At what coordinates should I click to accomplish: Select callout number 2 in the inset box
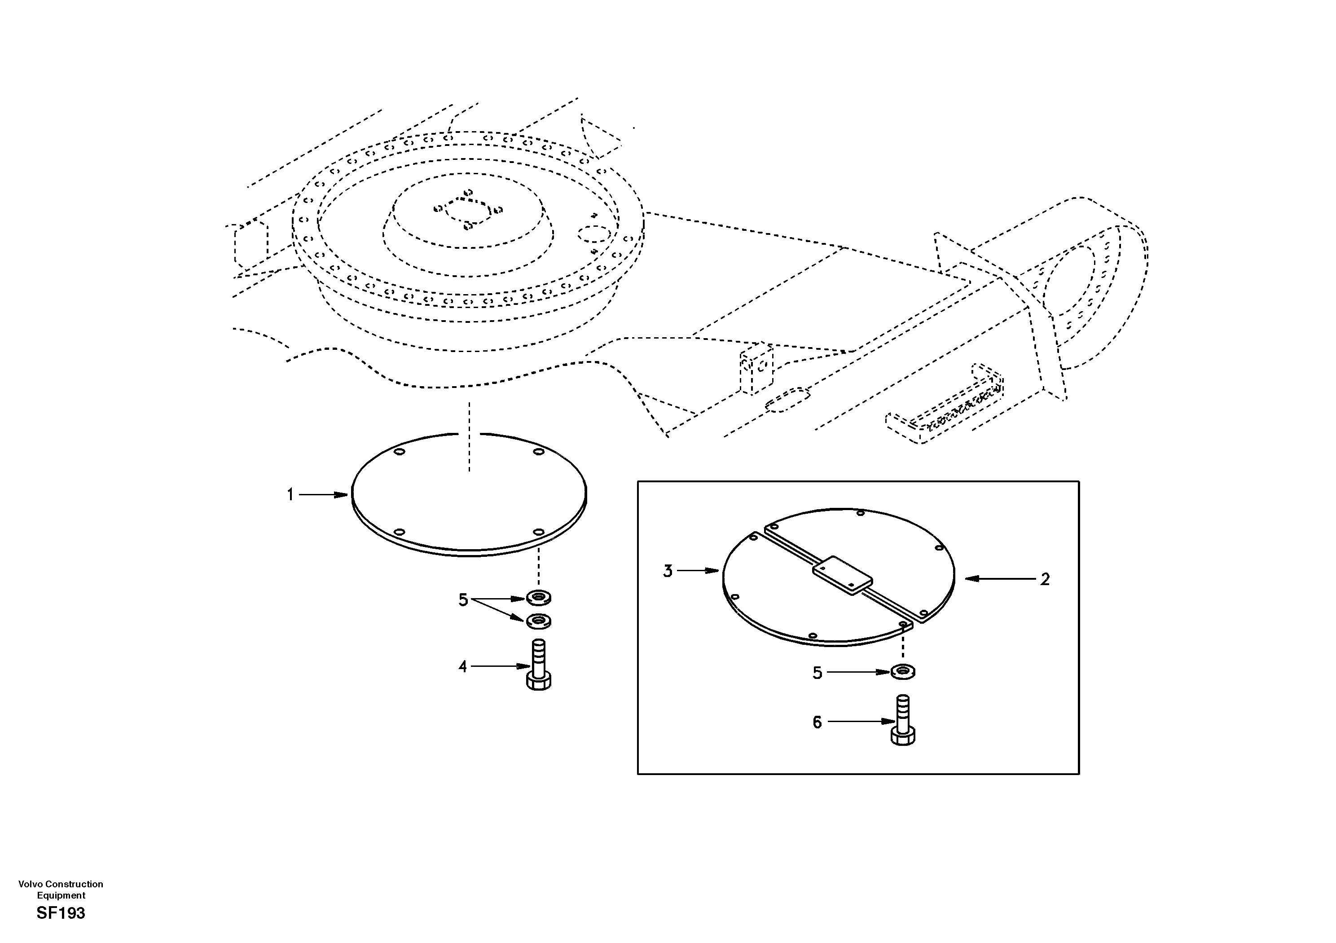1045,579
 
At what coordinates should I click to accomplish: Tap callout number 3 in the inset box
668,571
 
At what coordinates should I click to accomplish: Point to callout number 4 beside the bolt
462,666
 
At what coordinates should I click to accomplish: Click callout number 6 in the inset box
817,723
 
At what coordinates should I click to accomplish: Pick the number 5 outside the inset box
463,600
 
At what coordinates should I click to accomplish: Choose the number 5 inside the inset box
817,673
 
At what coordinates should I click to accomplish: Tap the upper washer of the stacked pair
539,597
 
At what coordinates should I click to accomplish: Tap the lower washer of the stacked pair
539,621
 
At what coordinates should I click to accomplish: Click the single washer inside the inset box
902,672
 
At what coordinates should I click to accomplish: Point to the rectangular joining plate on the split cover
842,575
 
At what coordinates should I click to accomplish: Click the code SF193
61,913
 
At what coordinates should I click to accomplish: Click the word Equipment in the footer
61,895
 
